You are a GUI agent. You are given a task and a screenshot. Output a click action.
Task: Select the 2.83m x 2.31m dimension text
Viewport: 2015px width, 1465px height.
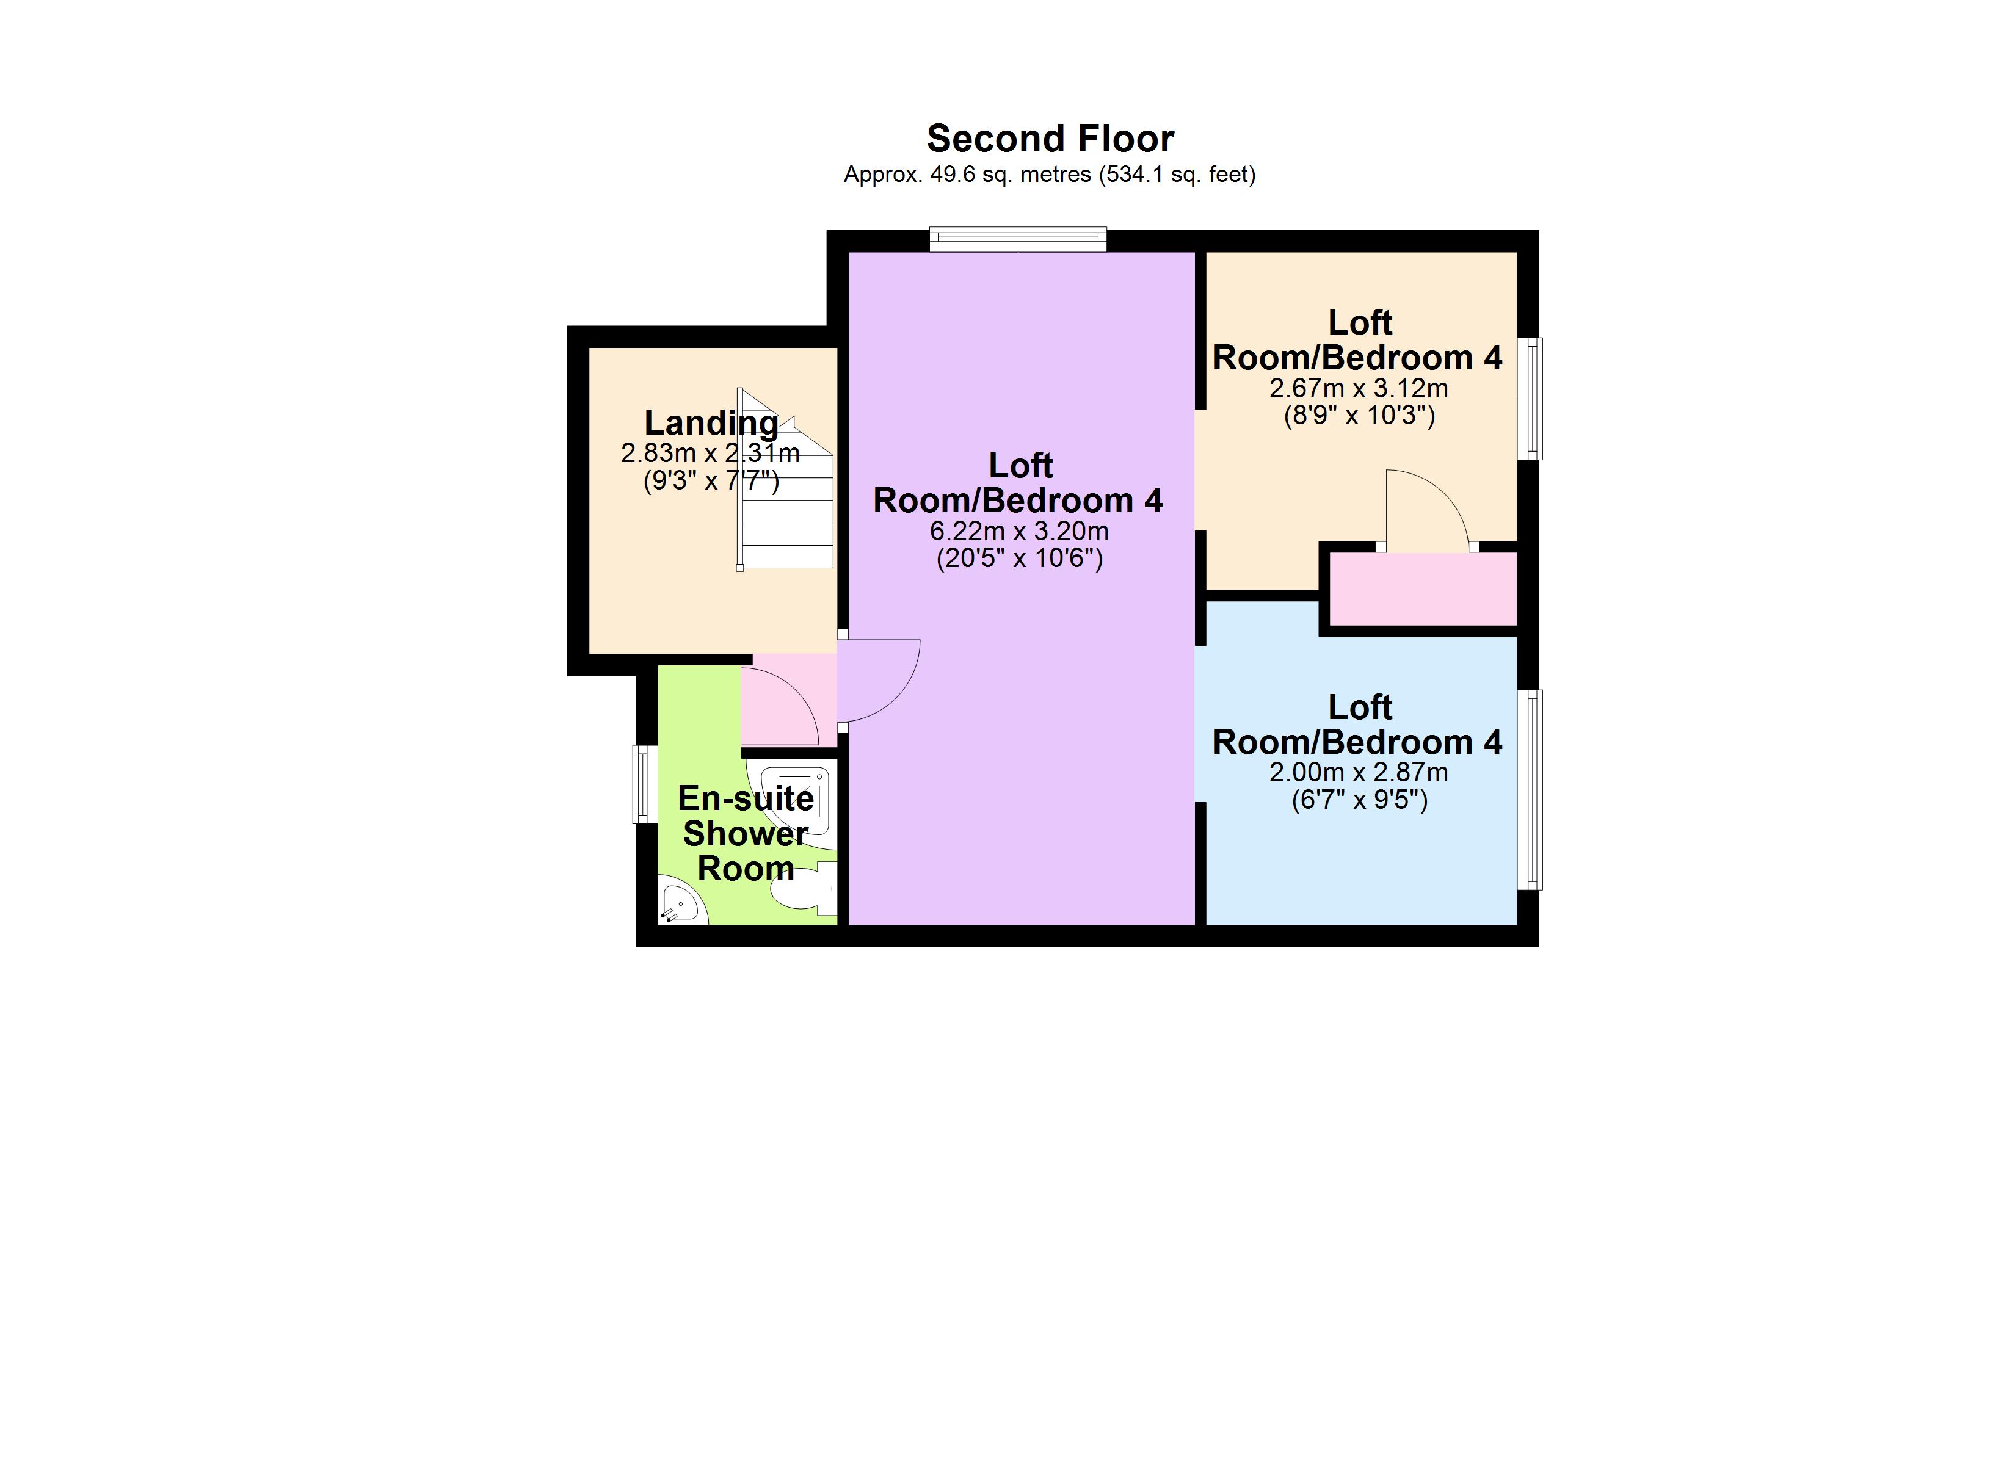point(710,453)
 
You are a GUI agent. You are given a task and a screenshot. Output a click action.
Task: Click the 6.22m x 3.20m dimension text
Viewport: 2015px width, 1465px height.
point(1019,531)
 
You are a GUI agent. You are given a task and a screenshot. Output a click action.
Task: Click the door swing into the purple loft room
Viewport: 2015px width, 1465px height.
point(875,679)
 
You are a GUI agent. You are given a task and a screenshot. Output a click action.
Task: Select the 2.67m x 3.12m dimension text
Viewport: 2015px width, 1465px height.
point(1359,388)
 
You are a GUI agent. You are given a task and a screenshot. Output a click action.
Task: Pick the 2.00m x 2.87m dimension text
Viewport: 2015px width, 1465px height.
point(1359,773)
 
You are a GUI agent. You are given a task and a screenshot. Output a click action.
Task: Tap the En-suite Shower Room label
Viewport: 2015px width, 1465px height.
point(746,833)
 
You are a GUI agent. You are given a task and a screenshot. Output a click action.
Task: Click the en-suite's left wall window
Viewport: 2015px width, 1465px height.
point(644,784)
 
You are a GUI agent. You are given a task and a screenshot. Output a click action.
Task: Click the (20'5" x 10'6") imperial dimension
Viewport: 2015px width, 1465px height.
point(1020,559)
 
